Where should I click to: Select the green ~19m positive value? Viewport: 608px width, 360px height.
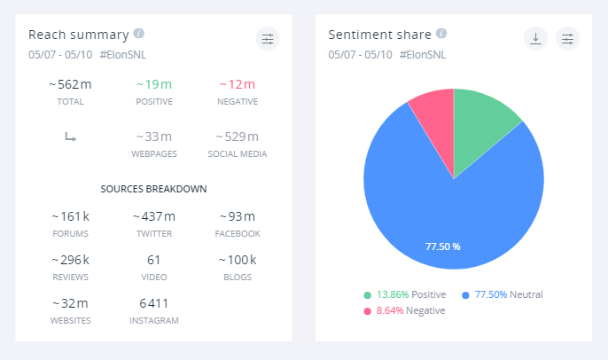153,84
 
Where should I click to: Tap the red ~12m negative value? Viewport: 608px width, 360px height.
237,84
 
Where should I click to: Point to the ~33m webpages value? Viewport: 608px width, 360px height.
153,137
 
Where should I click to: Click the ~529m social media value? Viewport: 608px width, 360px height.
237,137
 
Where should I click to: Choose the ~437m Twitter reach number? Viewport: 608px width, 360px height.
153,216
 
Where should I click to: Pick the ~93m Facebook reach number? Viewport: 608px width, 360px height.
237,216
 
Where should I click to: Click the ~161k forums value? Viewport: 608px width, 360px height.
70,216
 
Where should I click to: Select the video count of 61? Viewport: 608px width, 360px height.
153,260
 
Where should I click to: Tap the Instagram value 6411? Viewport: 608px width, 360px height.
153,303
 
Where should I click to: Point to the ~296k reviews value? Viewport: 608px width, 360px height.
70,260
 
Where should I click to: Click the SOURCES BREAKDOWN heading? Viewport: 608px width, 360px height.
153,189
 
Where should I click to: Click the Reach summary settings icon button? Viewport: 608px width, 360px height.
267,38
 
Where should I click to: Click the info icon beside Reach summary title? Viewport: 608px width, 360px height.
139,34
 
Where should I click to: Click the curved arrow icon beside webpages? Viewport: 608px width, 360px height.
70,137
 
